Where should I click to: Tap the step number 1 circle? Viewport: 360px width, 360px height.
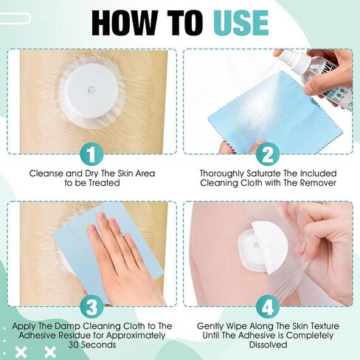(x=91, y=155)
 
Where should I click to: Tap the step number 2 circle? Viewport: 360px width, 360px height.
(x=270, y=155)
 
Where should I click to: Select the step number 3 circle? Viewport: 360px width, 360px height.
(x=91, y=305)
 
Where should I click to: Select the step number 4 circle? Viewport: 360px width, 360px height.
(x=270, y=305)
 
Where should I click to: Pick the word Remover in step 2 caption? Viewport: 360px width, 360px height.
(x=315, y=184)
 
